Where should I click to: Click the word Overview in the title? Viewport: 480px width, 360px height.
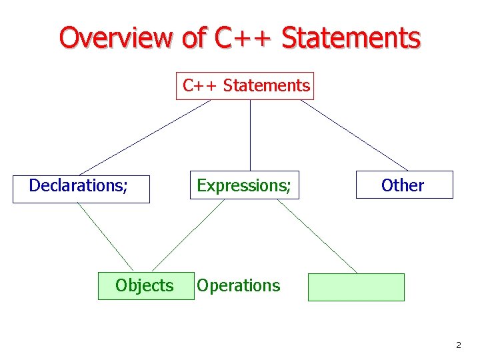(x=117, y=38)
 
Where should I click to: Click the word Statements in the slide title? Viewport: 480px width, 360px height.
(x=351, y=38)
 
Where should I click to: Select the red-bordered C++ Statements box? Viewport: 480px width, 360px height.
(x=245, y=86)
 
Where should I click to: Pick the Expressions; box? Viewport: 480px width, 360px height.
(x=244, y=185)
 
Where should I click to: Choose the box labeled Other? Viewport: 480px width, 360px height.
(x=404, y=185)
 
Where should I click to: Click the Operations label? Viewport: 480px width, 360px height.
(x=238, y=286)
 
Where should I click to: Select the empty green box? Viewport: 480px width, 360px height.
(x=356, y=287)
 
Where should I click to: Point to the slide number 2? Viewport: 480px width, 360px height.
(x=458, y=345)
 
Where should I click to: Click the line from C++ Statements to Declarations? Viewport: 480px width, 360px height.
(x=145, y=137)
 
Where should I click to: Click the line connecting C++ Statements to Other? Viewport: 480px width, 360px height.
(x=354, y=135)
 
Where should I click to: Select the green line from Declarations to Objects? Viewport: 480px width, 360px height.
(x=105, y=237)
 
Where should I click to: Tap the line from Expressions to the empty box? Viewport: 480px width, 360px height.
(x=317, y=236)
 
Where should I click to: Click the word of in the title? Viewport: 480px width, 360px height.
(x=193, y=38)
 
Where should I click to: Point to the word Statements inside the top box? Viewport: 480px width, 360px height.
(x=267, y=86)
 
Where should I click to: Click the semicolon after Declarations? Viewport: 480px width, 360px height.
(x=125, y=187)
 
